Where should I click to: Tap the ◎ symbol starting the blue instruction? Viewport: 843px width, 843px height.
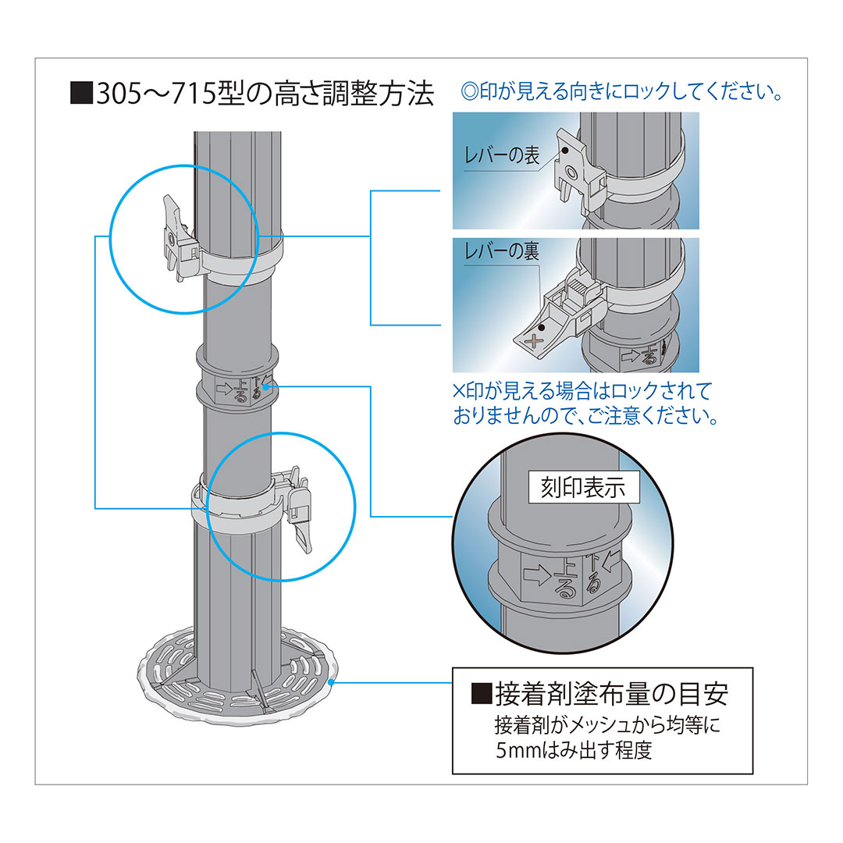pyautogui.click(x=469, y=93)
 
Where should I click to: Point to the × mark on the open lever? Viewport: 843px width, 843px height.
pyautogui.click(x=534, y=340)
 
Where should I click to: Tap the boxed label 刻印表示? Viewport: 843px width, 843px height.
pyautogui.click(x=583, y=488)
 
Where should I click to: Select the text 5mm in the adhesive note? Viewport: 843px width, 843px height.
pyautogui.click(x=516, y=751)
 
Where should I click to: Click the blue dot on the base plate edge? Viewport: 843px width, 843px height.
pyautogui.click(x=333, y=681)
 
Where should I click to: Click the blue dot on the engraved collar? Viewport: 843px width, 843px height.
pyautogui.click(x=270, y=385)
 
